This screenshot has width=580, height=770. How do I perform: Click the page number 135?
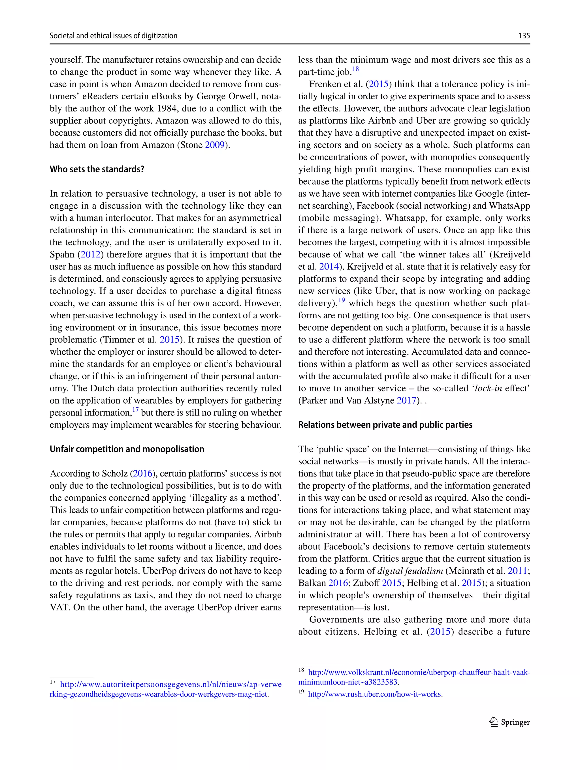524,35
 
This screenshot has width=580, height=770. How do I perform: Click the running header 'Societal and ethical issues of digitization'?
113,35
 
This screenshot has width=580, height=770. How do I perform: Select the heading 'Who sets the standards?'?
97,169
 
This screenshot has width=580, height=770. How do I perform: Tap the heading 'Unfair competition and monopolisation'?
127,449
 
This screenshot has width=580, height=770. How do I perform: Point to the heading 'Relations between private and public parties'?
385,425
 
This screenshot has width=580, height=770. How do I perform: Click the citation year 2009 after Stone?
215,145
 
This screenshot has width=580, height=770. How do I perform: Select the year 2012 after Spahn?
91,254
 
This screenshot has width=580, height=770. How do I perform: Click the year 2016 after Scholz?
143,473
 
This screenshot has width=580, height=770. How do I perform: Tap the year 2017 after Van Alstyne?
406,400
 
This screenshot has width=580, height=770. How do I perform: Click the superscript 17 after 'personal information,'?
135,409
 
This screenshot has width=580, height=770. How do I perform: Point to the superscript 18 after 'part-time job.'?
355,69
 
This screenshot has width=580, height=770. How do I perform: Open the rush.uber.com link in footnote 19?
375,694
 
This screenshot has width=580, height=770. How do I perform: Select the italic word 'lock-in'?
489,388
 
